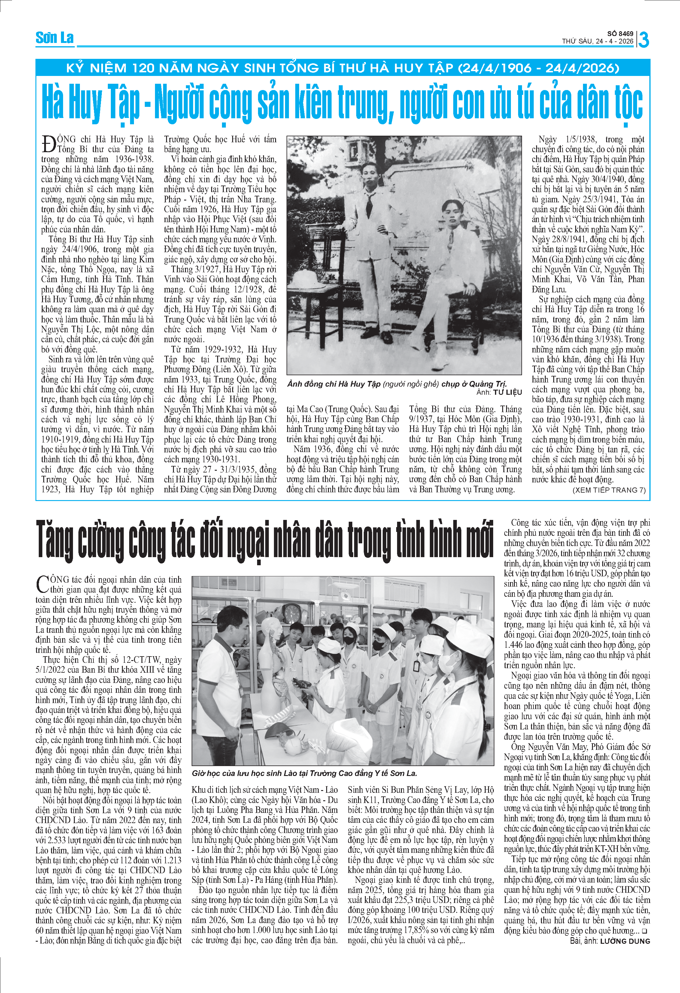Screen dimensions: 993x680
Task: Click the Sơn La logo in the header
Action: pyautogui.click(x=54, y=38)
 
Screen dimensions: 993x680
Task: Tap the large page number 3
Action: pyautogui.click(x=644, y=40)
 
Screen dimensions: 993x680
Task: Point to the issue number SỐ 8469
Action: pyautogui.click(x=620, y=34)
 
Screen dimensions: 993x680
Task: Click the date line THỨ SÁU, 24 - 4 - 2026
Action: pyautogui.click(x=597, y=41)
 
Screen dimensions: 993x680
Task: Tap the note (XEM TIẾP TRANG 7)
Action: pyautogui.click(x=609, y=490)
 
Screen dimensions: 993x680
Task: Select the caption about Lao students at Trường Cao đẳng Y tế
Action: pyautogui.click(x=304, y=773)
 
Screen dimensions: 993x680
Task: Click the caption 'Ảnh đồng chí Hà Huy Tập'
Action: pyautogui.click(x=333, y=384)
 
